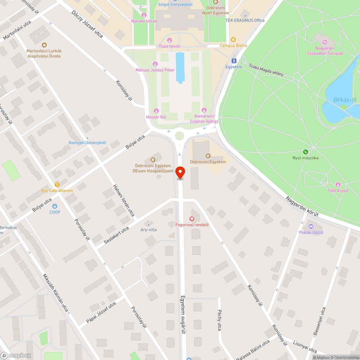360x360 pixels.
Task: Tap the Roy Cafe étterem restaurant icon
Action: [x=57, y=184]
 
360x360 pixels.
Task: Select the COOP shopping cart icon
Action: [x=55, y=206]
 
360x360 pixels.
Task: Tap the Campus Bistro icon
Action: [x=233, y=40]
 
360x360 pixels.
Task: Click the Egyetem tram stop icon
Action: [x=234, y=61]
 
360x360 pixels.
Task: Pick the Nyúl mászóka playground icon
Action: [x=305, y=152]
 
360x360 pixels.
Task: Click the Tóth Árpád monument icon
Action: [x=338, y=185]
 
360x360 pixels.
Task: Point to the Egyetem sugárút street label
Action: [x=183, y=314]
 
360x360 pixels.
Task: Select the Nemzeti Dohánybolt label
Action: [x=87, y=143]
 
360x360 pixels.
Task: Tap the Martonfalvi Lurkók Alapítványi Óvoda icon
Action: [x=44, y=45]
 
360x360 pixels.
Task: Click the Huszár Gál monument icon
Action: [x=156, y=111]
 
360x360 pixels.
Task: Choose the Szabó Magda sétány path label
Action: [x=266, y=70]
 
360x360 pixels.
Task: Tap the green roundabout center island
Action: [x=179, y=136]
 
